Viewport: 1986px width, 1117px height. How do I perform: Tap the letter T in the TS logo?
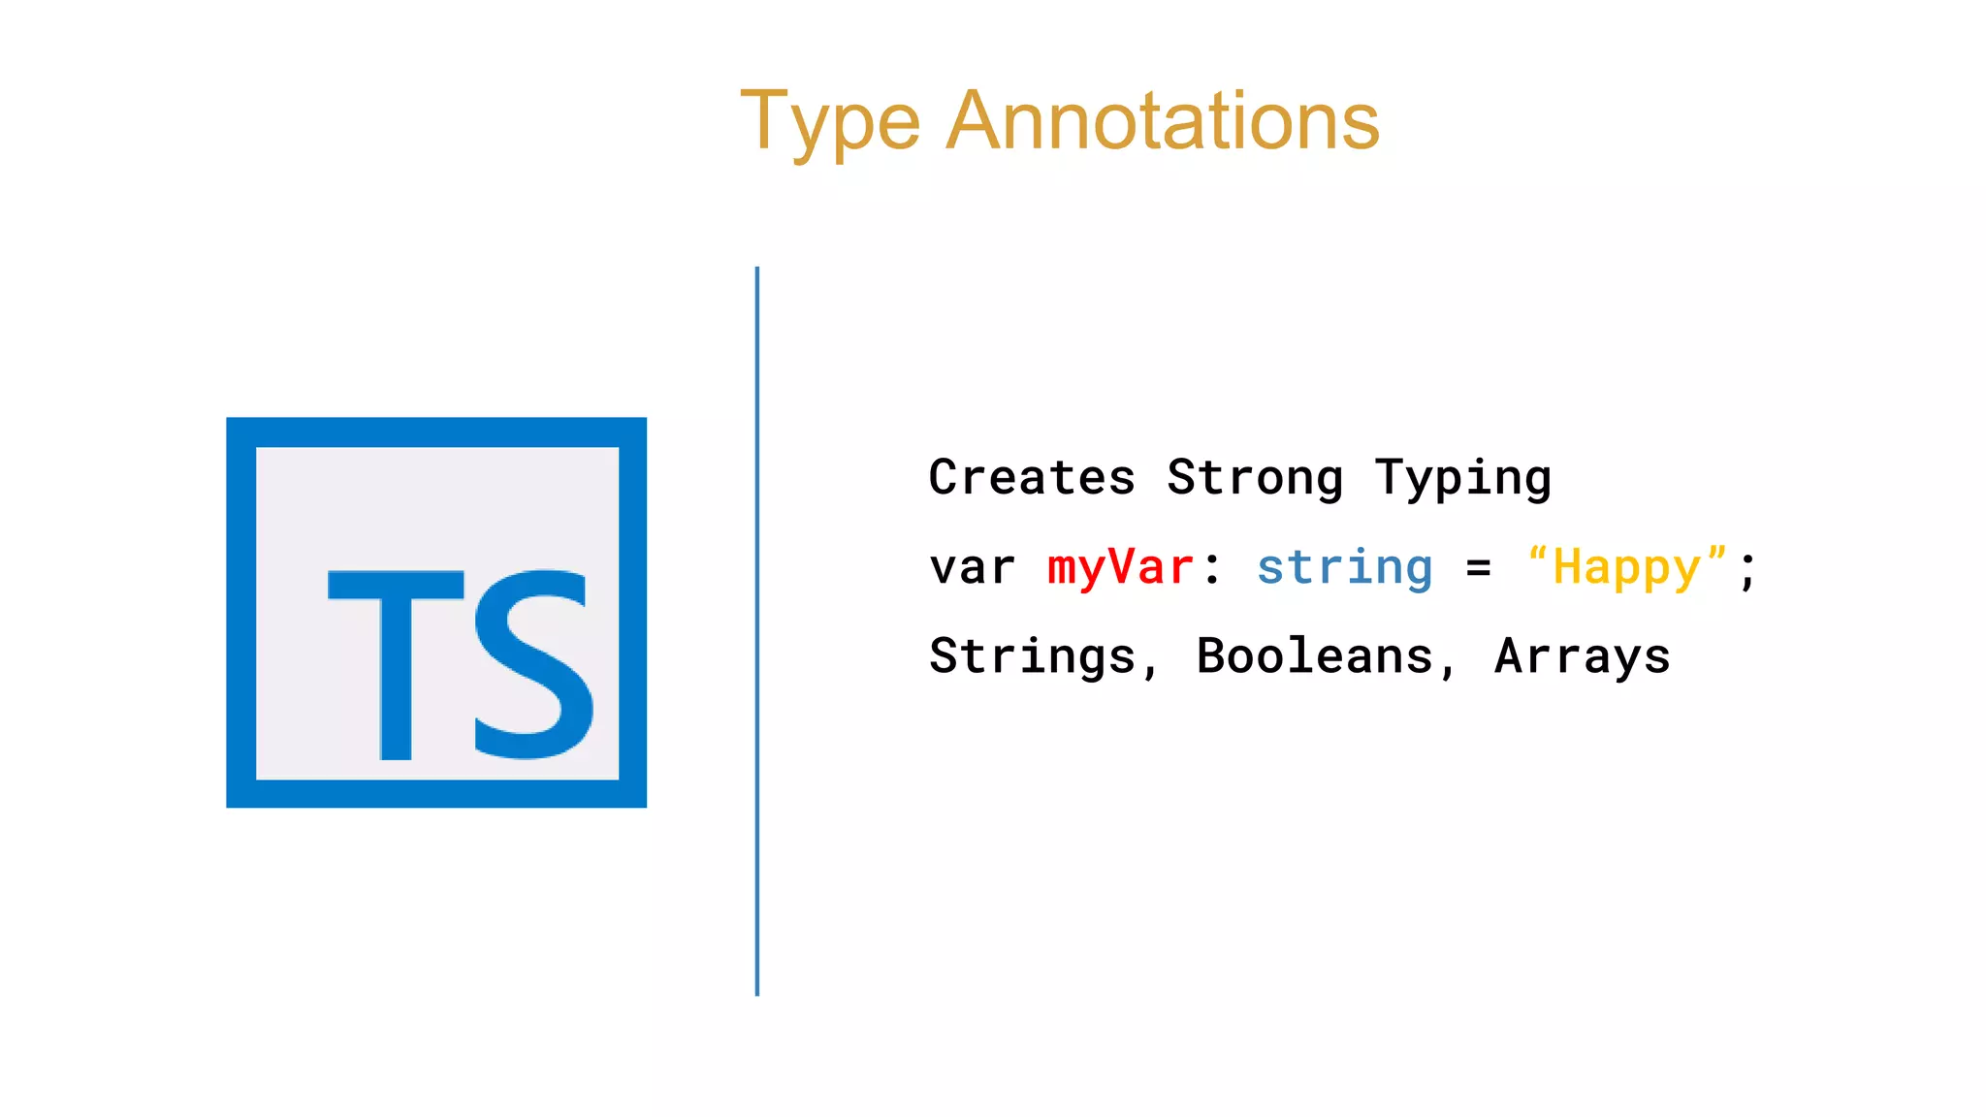[x=396, y=663]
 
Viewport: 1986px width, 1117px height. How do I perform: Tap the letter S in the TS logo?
[x=533, y=663]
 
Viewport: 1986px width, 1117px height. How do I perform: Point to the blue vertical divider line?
[x=757, y=630]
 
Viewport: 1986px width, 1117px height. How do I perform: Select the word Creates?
[x=1032, y=477]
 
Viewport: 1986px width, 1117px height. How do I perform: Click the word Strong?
[x=1255, y=477]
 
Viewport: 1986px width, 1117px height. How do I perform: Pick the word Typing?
[x=1463, y=477]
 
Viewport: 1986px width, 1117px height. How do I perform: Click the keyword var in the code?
[x=973, y=567]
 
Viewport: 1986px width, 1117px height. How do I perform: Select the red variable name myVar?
[x=1121, y=567]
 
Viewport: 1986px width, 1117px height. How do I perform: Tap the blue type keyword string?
[x=1345, y=567]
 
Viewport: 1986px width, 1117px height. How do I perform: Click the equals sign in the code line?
[x=1479, y=568]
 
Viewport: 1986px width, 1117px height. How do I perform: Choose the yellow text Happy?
[x=1627, y=567]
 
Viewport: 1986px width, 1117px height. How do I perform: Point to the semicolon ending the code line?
[x=1747, y=570]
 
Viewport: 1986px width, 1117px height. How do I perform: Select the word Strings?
[x=1032, y=656]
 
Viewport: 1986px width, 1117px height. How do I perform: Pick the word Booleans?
[x=1315, y=656]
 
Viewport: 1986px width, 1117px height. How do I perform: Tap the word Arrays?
[x=1583, y=656]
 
